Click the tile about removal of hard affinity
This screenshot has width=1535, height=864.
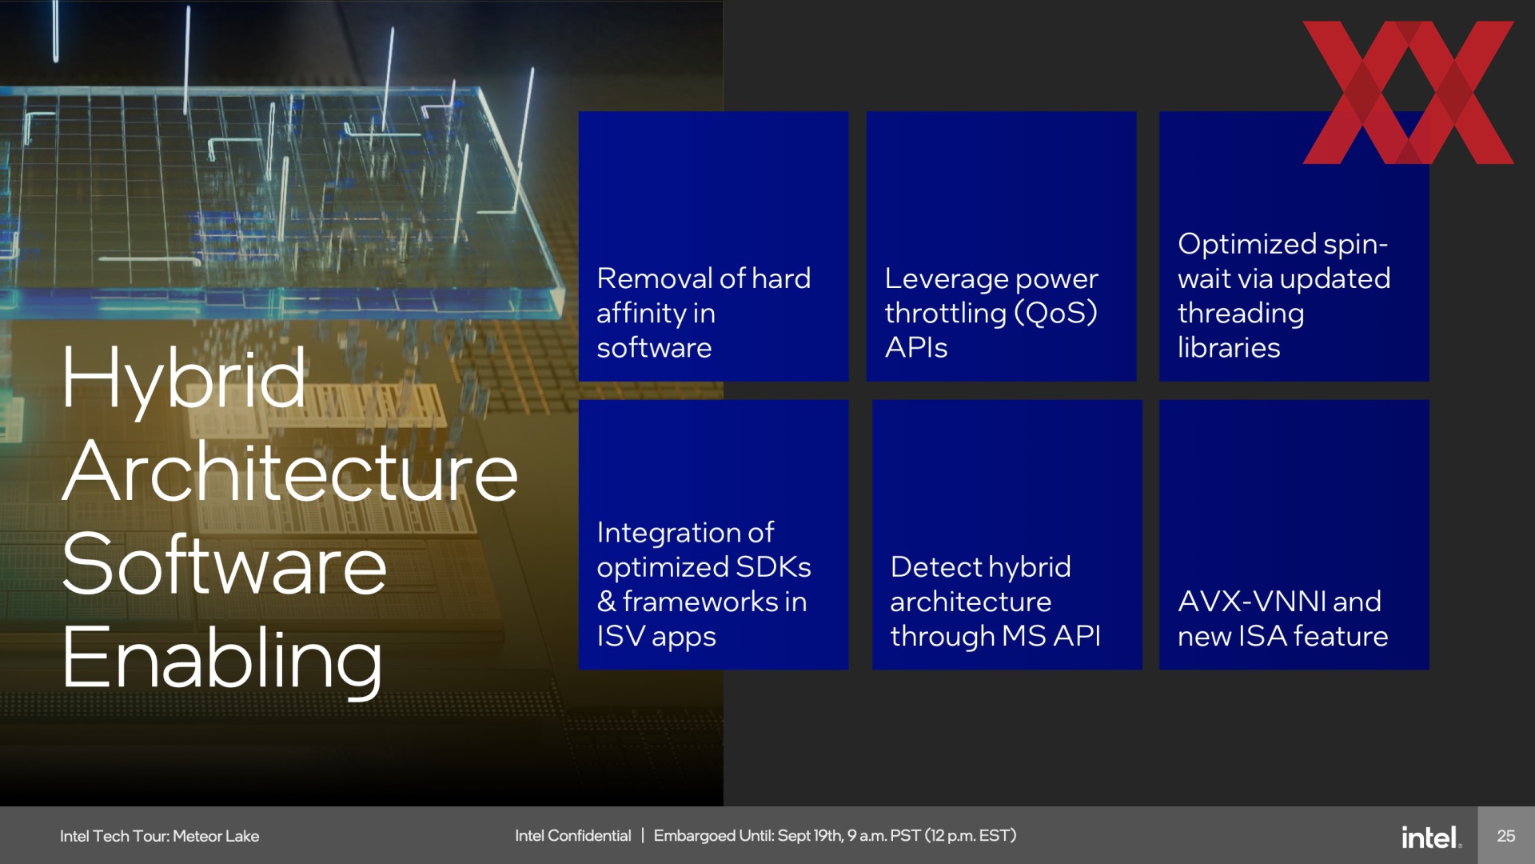pyautogui.click(x=713, y=246)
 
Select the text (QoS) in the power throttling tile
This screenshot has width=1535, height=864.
pyautogui.click(x=1055, y=313)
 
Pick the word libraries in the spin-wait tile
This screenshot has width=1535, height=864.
pyautogui.click(x=1229, y=347)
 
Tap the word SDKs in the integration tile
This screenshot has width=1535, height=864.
pyautogui.click(x=773, y=566)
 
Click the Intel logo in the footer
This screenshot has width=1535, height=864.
pyautogui.click(x=1431, y=837)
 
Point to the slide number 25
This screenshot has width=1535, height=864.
pyautogui.click(x=1506, y=836)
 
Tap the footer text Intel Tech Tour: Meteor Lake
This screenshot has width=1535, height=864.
pyautogui.click(x=159, y=836)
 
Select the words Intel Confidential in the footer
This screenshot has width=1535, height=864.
pyautogui.click(x=572, y=836)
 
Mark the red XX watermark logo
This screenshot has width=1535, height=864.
pyautogui.click(x=1408, y=92)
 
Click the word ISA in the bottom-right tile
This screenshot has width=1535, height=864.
pyautogui.click(x=1262, y=636)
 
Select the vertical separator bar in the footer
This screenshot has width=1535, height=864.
pyautogui.click(x=642, y=836)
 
